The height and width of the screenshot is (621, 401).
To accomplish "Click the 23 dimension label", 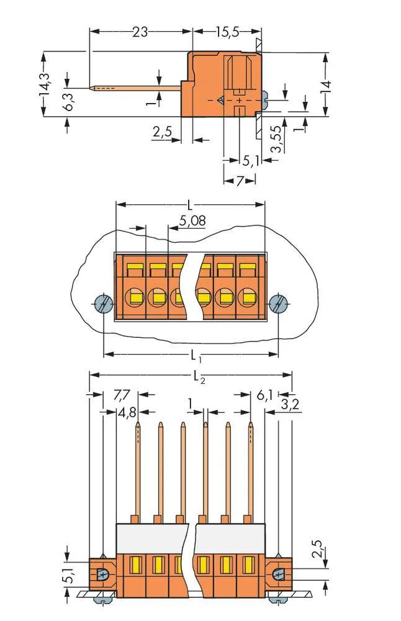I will (140, 31).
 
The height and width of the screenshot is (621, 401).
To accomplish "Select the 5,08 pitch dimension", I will (192, 220).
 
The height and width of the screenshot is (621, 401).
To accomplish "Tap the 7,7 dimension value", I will (123, 394).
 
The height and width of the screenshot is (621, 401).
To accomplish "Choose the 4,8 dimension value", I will (126, 412).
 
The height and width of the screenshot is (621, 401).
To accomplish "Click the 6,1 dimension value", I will (264, 394).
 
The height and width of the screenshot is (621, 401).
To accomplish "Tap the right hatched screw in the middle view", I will (279, 304).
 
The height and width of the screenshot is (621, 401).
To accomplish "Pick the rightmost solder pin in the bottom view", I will (251, 472).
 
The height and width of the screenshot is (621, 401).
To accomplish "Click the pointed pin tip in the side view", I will (93, 88).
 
